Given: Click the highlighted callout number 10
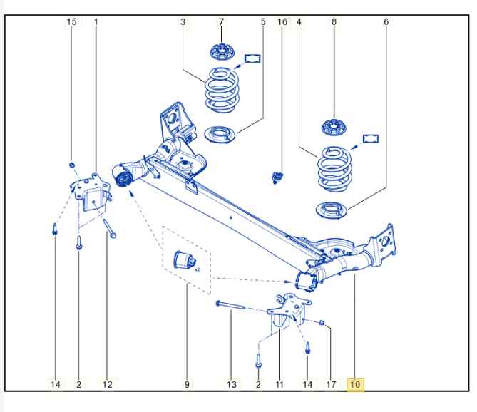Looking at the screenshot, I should (x=355, y=385).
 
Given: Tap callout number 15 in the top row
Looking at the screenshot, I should (x=71, y=22).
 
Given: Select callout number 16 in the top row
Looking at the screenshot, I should (x=282, y=22).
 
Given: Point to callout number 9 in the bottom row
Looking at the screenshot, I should (x=187, y=385).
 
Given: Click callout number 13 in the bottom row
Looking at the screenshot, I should (x=232, y=385).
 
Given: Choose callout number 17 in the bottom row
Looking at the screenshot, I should (x=331, y=385).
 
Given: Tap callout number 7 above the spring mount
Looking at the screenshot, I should (x=221, y=22).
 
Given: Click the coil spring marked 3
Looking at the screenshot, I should (x=222, y=89).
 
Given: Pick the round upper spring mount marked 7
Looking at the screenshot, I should (x=221, y=51).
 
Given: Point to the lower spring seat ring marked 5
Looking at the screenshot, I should (x=221, y=133).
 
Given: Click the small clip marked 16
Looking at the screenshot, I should (x=279, y=176).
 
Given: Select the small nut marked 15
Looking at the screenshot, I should (x=72, y=165).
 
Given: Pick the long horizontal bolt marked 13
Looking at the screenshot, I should (x=230, y=307).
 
